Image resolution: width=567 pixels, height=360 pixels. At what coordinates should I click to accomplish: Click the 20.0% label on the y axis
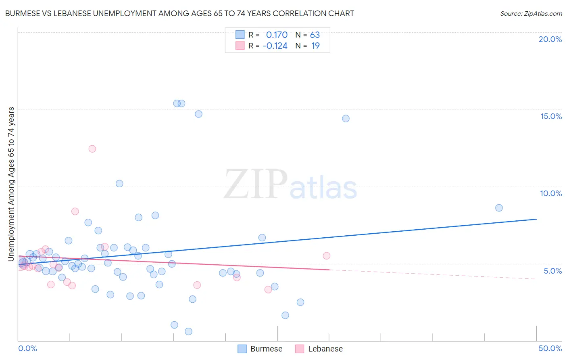[x=550, y=39]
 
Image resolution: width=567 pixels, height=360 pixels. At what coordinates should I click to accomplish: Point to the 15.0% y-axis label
[x=551, y=116]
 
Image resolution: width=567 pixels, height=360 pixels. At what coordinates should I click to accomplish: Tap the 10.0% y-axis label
[x=551, y=193]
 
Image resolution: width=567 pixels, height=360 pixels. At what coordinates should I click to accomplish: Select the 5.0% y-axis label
[x=552, y=271]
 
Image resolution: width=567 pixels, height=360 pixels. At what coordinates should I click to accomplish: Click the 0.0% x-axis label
[x=27, y=348]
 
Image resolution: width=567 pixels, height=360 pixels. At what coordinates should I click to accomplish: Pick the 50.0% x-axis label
[x=550, y=348]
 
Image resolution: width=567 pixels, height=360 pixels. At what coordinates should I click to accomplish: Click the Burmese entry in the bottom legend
[x=266, y=349]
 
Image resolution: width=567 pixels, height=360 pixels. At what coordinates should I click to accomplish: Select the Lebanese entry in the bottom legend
[x=325, y=349]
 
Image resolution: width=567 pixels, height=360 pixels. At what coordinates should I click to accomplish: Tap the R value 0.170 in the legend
[x=277, y=35]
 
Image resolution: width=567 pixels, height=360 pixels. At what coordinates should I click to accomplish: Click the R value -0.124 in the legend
[x=275, y=46]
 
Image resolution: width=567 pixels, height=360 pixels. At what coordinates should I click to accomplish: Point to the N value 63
[x=315, y=35]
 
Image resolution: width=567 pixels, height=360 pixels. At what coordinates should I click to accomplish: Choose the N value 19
[x=315, y=46]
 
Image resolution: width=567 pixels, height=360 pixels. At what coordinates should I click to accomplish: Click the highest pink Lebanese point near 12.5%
[x=92, y=149]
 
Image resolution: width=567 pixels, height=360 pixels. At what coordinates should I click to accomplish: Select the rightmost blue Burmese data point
[x=499, y=208]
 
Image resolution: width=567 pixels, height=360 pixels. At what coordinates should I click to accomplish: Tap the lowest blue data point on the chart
[x=188, y=331]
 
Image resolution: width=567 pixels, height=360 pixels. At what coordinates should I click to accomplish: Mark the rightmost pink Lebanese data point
[x=327, y=256]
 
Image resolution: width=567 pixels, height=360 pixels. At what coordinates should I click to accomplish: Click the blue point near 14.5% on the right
[x=346, y=119]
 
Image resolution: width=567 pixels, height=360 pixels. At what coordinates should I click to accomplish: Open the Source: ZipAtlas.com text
[x=531, y=14]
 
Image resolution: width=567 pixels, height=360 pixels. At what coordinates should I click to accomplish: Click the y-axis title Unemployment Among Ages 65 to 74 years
[x=11, y=184]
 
